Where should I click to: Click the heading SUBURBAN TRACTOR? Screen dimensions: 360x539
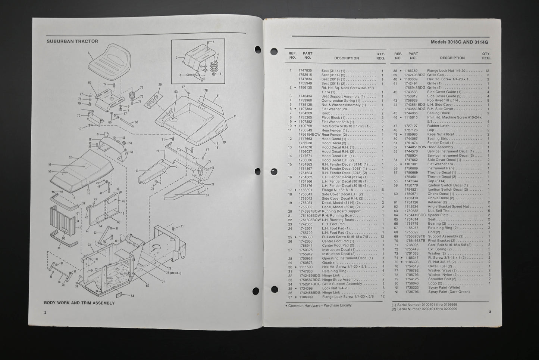coord(72,41)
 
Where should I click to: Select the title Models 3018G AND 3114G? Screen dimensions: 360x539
coord(459,42)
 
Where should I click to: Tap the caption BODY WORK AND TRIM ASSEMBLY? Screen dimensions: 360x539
coord(79,303)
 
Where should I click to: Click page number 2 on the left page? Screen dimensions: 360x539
coord(46,312)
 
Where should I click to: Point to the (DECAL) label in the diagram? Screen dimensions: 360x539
coord(174,273)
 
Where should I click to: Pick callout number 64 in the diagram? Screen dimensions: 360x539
coord(132,296)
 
